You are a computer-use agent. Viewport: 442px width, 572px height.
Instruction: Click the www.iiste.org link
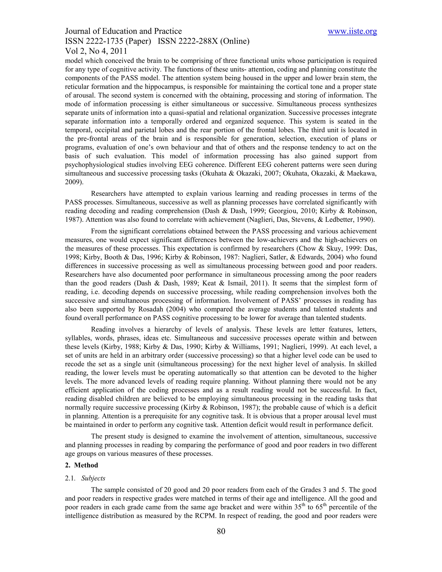pos(352,32)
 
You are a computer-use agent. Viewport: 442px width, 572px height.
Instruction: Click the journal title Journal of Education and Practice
pos(123,32)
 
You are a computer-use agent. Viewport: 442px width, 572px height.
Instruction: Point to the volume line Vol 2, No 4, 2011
pos(96,51)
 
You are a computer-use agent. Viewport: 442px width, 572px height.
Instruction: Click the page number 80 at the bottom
pos(221,531)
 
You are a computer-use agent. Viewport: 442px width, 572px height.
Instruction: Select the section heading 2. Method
pos(82,465)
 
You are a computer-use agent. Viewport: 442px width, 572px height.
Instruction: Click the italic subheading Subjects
pos(93,478)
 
